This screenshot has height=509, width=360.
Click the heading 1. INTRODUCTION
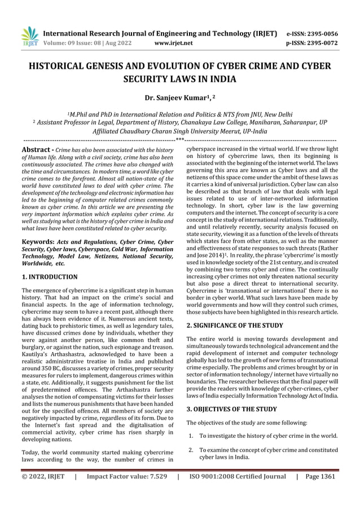[x=49, y=277]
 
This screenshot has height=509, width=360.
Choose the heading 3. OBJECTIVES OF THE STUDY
[x=231, y=409]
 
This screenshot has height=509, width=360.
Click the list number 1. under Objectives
[x=191, y=435]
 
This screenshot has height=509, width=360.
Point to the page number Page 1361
[x=319, y=476]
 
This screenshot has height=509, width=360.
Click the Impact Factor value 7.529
[x=156, y=476]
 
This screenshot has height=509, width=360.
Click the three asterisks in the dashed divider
[x=179, y=139]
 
